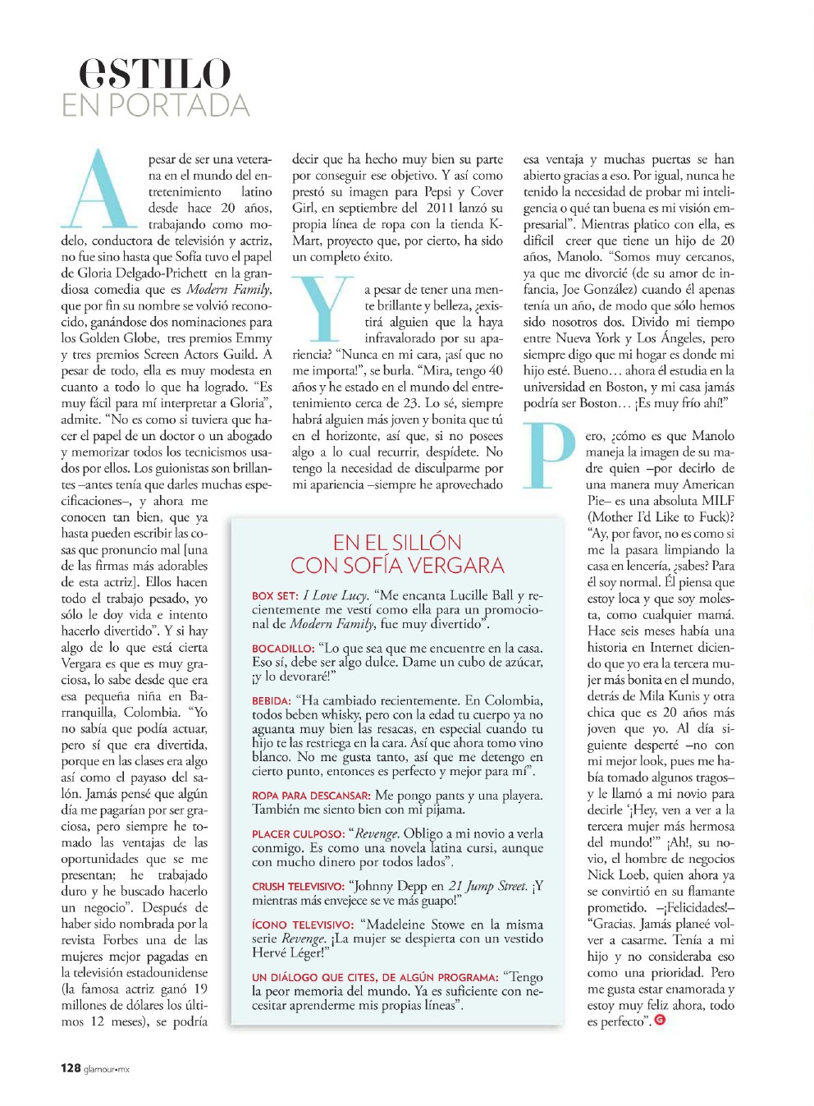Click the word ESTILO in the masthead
coord(154,74)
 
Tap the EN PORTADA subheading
coord(155,106)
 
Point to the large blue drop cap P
coord(550,455)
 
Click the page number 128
coord(71,1068)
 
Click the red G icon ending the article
coord(660,1021)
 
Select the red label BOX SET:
coord(275,596)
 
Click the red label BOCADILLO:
coord(283,649)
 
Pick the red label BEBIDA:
coord(272,701)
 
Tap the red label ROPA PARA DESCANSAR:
coord(311,796)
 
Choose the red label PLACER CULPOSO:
coord(298,834)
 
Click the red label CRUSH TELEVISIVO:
coord(298,887)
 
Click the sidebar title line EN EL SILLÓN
coord(397,543)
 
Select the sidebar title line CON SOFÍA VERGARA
coord(397,566)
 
